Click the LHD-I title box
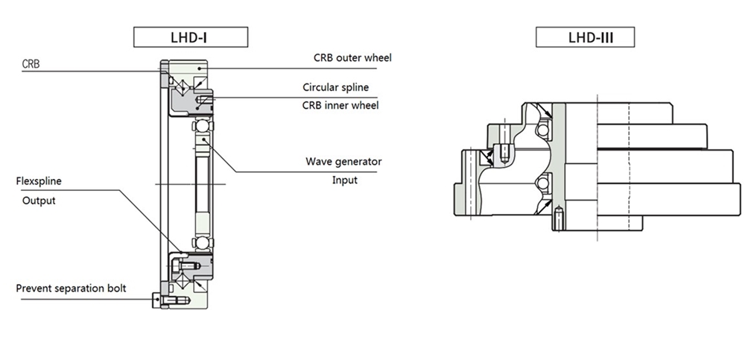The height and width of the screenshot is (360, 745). (190, 36)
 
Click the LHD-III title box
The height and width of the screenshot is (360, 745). (585, 36)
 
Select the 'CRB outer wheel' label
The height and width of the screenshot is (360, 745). (352, 57)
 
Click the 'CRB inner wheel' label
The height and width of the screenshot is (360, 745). (340, 105)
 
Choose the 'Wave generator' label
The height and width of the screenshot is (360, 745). (343, 161)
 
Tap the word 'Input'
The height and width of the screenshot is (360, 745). (344, 180)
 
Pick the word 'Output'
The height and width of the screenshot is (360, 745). (39, 200)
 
